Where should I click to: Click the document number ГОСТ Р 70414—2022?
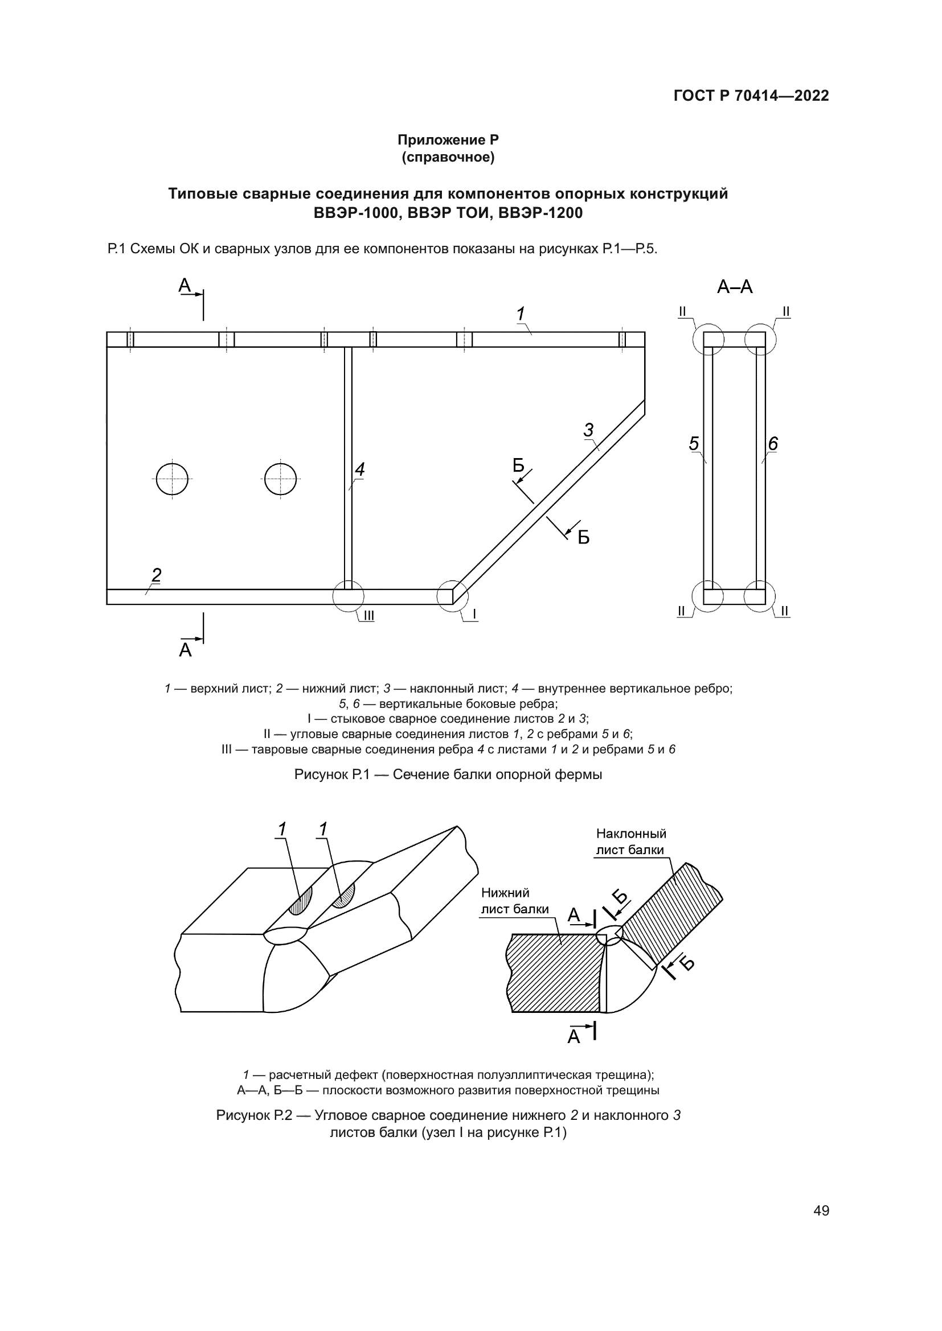pos(751,96)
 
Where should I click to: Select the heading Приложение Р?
pos(448,141)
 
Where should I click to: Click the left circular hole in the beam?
pos(172,479)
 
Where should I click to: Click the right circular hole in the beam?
pos(280,479)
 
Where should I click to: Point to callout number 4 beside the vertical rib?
pos(359,469)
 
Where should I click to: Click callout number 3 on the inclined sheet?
pos(588,430)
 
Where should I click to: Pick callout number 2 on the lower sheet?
pos(156,575)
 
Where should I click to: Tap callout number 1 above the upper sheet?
pos(521,314)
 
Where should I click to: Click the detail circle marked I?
pos(452,596)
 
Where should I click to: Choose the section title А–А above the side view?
pos(734,287)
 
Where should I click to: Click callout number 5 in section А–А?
pos(694,443)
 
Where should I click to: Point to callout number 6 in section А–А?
pos(773,443)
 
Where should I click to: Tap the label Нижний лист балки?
pos(514,901)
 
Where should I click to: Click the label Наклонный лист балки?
pos(630,842)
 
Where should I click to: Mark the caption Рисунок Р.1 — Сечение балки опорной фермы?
pos(448,774)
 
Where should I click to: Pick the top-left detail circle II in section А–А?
pos(708,339)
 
